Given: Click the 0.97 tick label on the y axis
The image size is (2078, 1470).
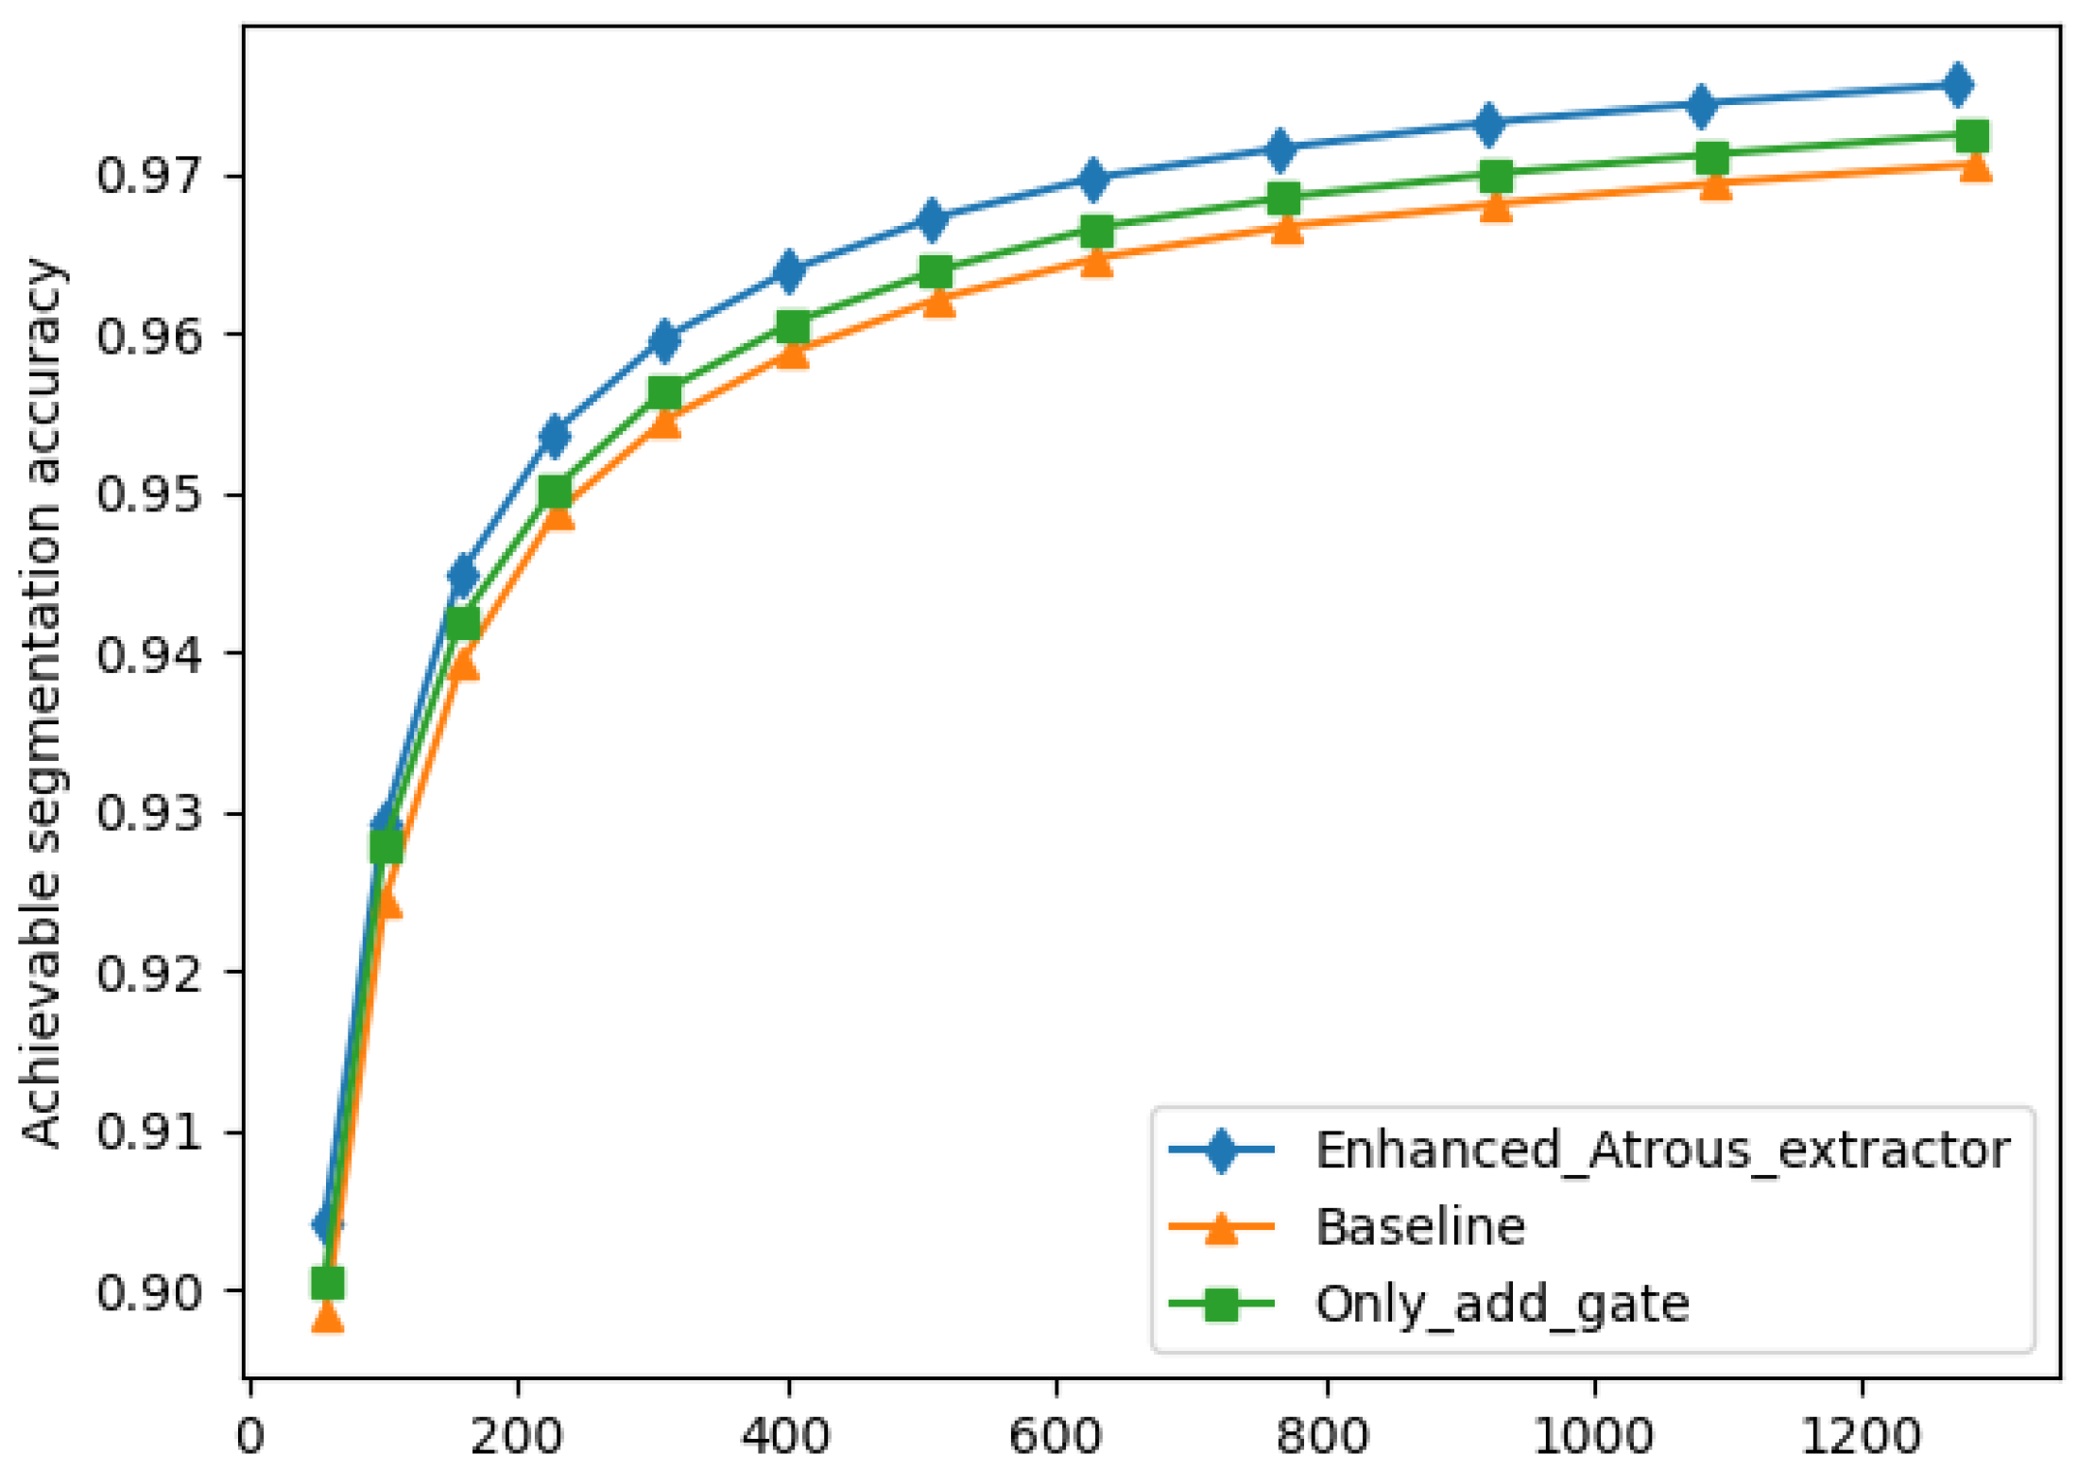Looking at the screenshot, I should tap(149, 176).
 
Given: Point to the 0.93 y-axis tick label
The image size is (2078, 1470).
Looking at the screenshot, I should tap(149, 813).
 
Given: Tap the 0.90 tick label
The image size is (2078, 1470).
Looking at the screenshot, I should tap(149, 1291).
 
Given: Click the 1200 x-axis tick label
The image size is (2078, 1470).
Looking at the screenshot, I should tap(1861, 1435).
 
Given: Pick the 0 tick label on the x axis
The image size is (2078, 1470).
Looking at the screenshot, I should tap(249, 1435).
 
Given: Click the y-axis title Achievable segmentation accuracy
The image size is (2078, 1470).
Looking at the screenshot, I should tap(43, 703).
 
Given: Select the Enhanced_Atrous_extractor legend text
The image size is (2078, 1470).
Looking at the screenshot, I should tap(1662, 1150).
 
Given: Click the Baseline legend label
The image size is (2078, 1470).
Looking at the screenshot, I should tap(1420, 1227).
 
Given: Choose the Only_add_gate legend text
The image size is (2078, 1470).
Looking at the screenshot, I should tap(1502, 1304).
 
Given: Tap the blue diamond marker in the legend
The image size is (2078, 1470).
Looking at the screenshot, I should tap(1221, 1150).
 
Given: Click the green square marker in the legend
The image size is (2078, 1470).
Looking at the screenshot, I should tap(1221, 1305).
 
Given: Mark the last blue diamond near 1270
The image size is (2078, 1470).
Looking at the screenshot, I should tap(1957, 85).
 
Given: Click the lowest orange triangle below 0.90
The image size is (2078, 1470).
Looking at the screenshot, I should tap(327, 1316).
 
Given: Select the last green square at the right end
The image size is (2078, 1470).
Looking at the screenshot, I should tap(1972, 135).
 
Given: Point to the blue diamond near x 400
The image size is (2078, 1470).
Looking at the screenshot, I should tap(790, 271).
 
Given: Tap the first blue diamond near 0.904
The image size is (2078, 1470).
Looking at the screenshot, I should tap(327, 1225).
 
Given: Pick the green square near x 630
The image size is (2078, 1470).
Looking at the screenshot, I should tap(1096, 230).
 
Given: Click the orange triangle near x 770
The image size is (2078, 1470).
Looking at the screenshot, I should tap(1287, 228).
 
